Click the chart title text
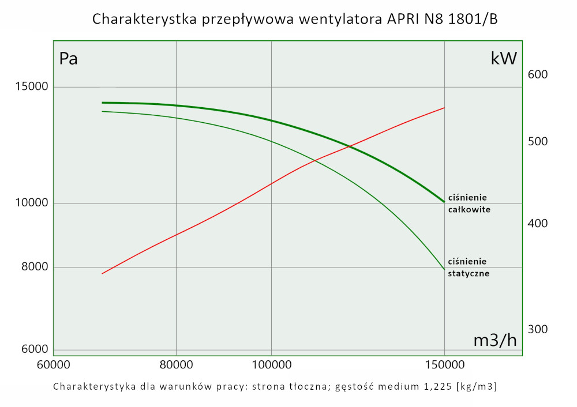(295, 19)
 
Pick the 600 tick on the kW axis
(537, 75)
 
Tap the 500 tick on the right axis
(537, 142)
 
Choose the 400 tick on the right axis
(537, 224)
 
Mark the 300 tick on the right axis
(537, 329)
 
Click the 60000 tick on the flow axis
(54, 365)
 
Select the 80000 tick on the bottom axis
(175, 365)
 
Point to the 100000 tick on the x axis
(271, 365)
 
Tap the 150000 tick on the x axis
(444, 365)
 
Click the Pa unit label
(69, 59)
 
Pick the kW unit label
(503, 59)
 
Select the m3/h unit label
(495, 341)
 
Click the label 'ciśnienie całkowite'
(469, 203)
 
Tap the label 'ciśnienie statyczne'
(469, 267)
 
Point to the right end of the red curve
(444, 108)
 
